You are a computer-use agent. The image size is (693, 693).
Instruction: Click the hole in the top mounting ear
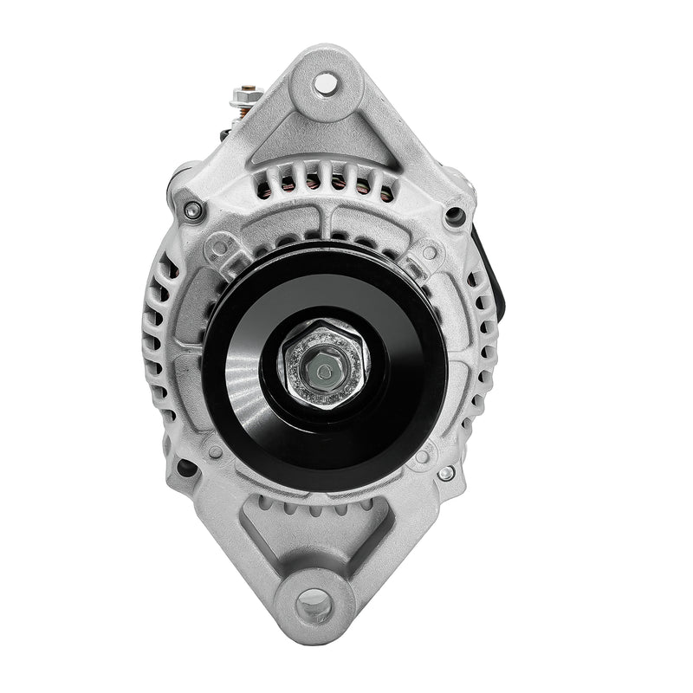325,83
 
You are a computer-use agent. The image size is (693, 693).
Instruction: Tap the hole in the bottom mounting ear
315,601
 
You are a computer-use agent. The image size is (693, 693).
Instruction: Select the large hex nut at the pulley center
324,365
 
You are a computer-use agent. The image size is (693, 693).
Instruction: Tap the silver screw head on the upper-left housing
192,209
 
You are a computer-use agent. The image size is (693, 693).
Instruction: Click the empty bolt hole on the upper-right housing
453,215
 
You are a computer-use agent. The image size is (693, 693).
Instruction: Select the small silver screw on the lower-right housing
445,474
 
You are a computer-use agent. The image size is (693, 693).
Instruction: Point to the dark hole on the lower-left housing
185,468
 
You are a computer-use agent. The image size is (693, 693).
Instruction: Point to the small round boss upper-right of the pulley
429,252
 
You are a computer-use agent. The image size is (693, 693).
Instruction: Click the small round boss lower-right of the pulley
422,457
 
